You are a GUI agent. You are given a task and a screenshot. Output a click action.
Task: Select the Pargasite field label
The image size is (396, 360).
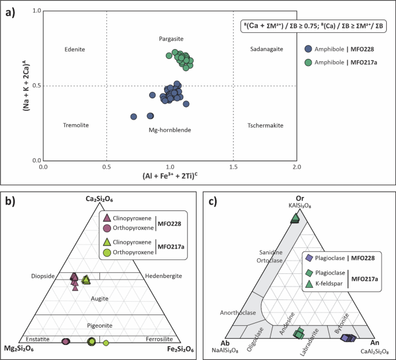[x=171, y=38]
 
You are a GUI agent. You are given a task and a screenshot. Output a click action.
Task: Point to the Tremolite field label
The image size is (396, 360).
[x=75, y=125]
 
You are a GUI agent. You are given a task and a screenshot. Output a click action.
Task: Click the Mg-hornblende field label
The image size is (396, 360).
[x=170, y=130]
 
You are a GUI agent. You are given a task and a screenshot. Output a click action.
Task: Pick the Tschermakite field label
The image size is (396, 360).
[x=265, y=125]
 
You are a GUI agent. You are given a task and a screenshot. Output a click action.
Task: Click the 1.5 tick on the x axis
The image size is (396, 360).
[x=233, y=168]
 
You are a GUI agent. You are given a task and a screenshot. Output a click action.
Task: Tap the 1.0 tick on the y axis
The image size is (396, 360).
[x=37, y=12]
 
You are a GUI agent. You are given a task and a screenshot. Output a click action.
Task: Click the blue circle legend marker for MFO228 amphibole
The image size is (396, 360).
[x=309, y=50]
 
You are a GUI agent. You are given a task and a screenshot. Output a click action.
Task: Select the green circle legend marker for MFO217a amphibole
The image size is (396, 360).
[x=309, y=63]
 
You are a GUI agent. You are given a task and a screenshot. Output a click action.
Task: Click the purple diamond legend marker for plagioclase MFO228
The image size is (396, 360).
[x=309, y=258]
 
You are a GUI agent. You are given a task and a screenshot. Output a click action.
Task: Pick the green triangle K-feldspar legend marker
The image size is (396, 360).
[x=309, y=284]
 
